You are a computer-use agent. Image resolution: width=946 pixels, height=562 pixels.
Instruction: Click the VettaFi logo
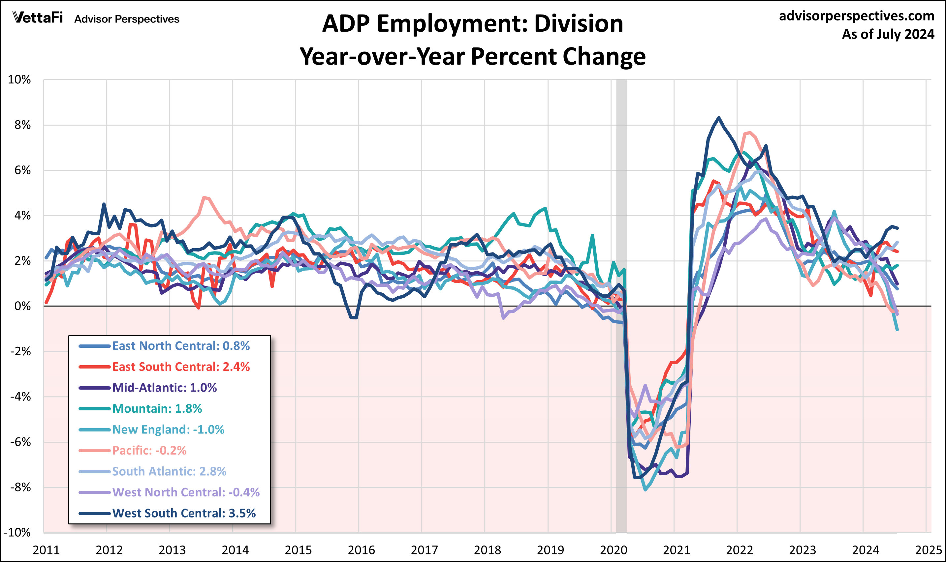[38, 18]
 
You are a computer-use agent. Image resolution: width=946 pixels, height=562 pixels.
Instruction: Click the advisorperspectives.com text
[856, 16]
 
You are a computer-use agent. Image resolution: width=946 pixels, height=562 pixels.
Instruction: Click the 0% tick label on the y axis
[22, 306]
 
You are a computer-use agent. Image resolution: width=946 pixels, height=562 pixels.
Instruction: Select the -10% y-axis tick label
[17, 532]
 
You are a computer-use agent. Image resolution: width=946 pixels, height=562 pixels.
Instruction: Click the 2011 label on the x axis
[46, 550]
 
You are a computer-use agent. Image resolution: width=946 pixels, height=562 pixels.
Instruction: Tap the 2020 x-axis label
[614, 550]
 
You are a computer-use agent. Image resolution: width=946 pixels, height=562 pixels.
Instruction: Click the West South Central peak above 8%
[719, 118]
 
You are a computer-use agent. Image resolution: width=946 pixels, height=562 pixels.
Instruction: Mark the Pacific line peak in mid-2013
[205, 197]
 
